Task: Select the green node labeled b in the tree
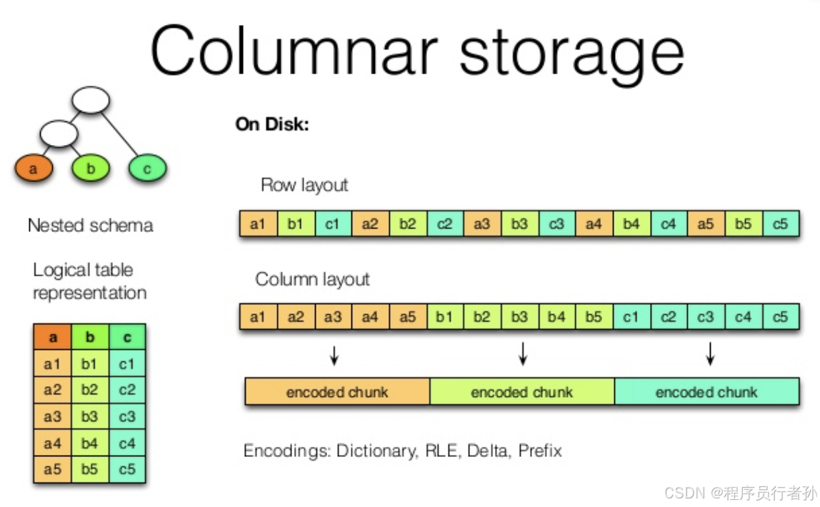(90, 169)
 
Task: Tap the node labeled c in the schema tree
(147, 169)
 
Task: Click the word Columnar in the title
(292, 51)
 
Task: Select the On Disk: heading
(272, 124)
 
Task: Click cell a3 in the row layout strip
(482, 224)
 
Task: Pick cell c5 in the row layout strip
(780, 224)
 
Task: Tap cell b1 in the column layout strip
(445, 316)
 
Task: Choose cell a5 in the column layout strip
(407, 316)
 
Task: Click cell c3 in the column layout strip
(706, 316)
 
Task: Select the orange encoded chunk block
(337, 392)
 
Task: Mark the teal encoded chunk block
(706, 392)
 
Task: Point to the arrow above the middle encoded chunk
(522, 353)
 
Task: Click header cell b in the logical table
(89, 337)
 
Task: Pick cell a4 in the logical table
(52, 443)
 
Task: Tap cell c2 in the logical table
(127, 391)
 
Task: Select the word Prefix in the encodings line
(540, 451)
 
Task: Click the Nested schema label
(90, 226)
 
